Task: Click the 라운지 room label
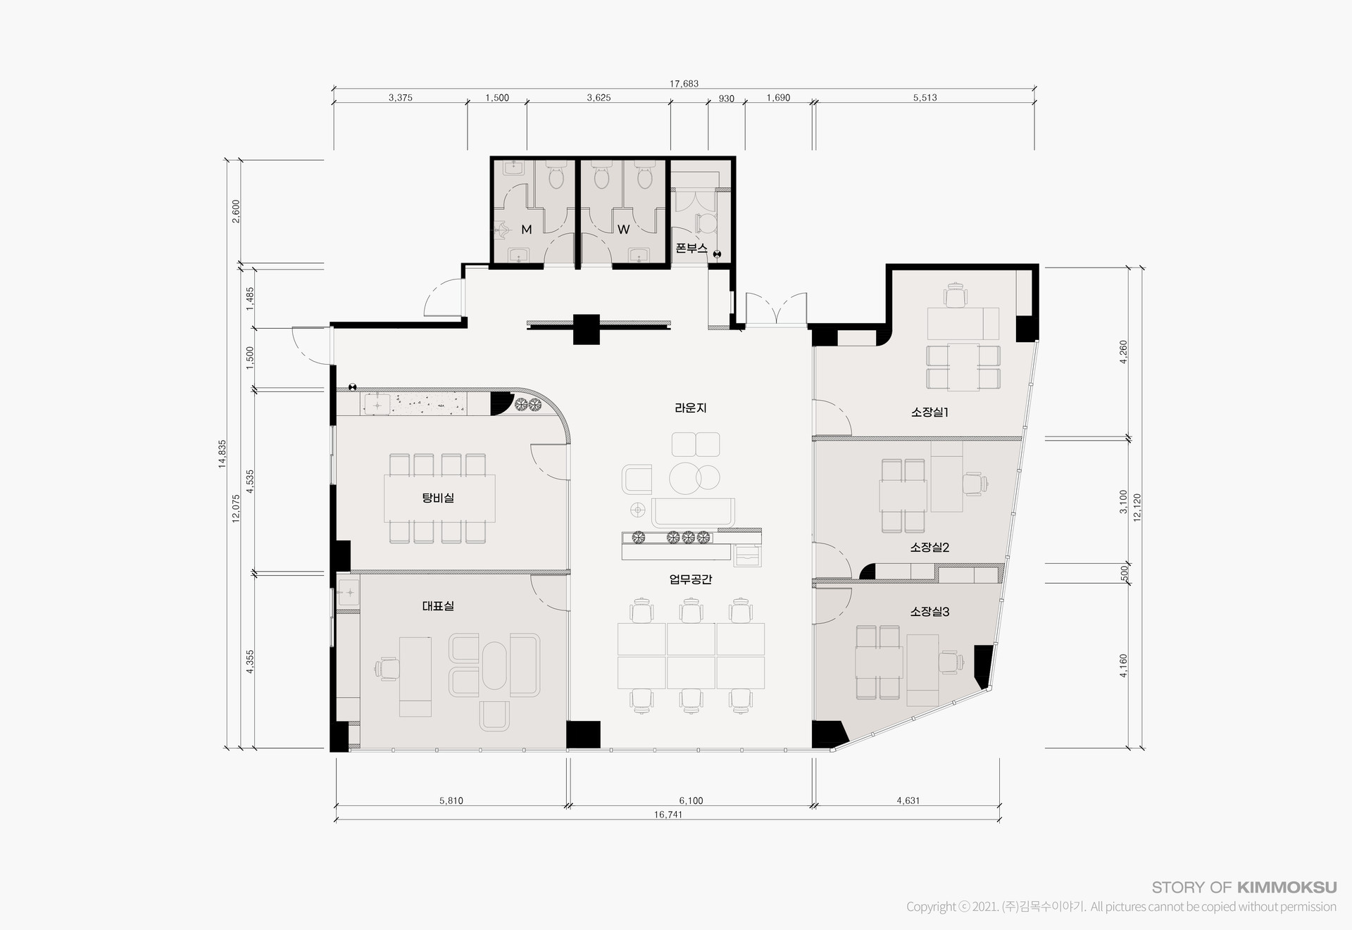[690, 408]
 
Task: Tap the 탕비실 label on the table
[438, 498]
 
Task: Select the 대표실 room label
[438, 605]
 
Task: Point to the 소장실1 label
[930, 412]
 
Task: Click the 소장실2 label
[930, 547]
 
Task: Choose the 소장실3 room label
[930, 612]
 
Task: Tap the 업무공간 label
[691, 579]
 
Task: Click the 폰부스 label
[691, 248]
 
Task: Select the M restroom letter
[526, 230]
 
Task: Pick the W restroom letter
[623, 230]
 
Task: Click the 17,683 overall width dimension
[684, 84]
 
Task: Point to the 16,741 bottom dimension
[668, 815]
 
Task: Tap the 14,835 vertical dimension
[223, 454]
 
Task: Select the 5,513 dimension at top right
[925, 98]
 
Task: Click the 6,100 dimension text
[691, 800]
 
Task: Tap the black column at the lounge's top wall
[586, 329]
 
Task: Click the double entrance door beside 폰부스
[777, 308]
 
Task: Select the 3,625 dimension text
[599, 98]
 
